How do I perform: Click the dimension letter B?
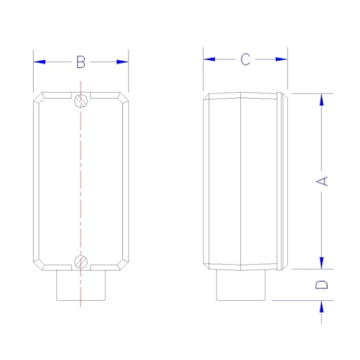click(x=81, y=62)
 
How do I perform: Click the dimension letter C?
click(x=245, y=59)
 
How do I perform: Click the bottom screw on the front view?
click(x=81, y=260)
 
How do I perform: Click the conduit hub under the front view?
click(x=81, y=285)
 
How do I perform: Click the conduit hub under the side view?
click(x=240, y=285)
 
